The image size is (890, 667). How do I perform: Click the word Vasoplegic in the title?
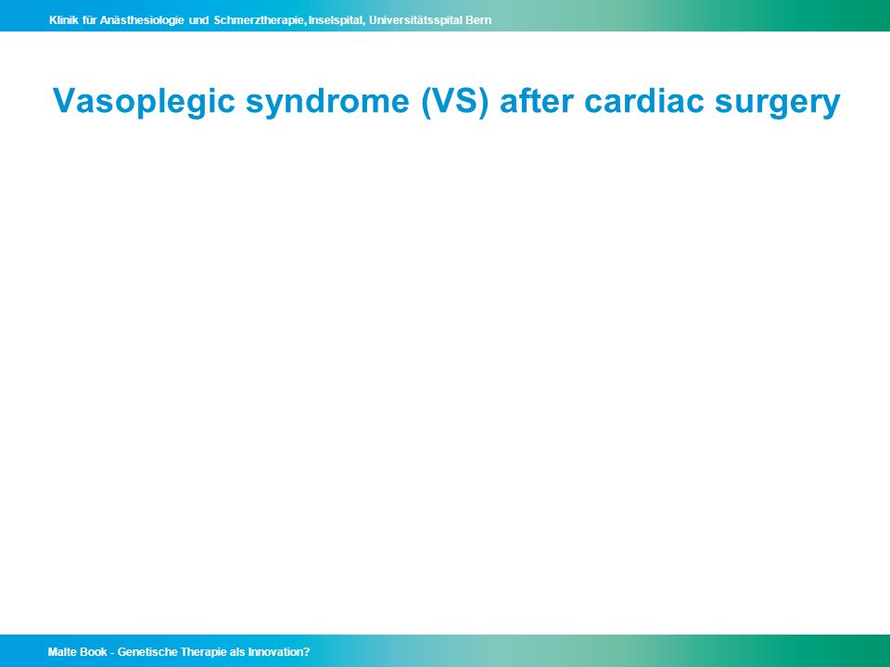[x=144, y=102]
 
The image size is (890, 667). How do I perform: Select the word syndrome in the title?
[x=327, y=102]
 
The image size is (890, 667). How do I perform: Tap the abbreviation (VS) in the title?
[x=454, y=102]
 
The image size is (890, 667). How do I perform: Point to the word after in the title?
[x=537, y=101]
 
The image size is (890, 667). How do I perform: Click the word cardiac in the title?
[x=644, y=101]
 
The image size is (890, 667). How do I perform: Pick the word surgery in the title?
[x=777, y=102]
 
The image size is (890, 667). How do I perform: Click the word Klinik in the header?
[x=64, y=20]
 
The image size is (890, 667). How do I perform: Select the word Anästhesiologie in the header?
[x=142, y=21]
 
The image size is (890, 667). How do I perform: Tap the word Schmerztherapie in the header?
[x=260, y=21]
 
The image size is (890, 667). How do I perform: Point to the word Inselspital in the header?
[x=336, y=21]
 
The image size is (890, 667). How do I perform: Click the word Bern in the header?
[x=478, y=20]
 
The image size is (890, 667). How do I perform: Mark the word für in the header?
[x=89, y=20]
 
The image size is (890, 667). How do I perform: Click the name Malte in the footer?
[x=62, y=652]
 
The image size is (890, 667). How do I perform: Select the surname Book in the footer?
[x=94, y=652]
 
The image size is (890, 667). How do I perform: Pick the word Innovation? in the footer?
[x=279, y=652]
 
